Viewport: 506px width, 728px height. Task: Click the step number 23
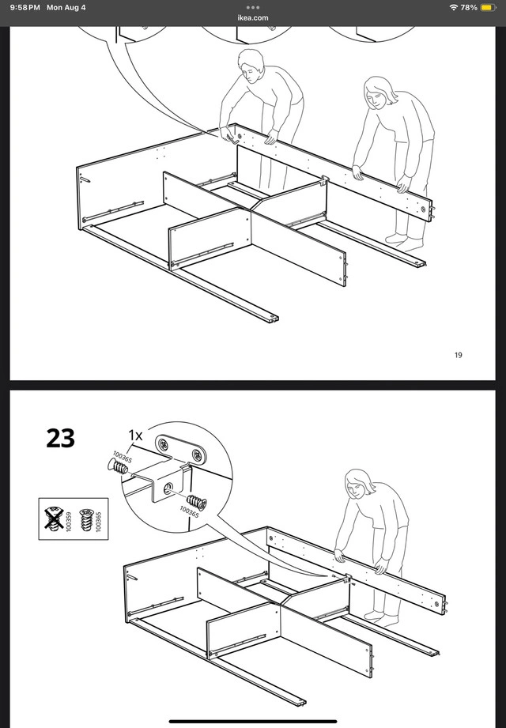point(60,438)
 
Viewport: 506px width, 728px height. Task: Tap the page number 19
point(459,355)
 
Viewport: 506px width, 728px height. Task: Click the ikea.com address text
point(253,17)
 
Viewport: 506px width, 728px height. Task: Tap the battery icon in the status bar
point(489,7)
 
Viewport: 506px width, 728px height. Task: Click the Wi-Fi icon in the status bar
point(453,7)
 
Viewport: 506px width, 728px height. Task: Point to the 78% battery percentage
point(469,7)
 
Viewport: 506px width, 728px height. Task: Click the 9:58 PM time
point(25,7)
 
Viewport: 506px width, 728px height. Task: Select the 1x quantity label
point(136,435)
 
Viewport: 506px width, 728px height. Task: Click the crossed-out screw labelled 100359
point(54,519)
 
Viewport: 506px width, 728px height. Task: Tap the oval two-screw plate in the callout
point(182,449)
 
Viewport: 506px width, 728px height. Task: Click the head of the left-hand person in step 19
point(251,66)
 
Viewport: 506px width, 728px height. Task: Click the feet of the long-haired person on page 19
point(404,240)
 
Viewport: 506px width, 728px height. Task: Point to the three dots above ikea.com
point(253,7)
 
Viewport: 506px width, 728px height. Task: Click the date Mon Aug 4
point(66,7)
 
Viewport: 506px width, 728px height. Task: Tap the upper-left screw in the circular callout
point(118,466)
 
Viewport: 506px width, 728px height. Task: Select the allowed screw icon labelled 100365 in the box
point(86,519)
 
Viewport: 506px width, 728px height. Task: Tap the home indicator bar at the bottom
point(253,722)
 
